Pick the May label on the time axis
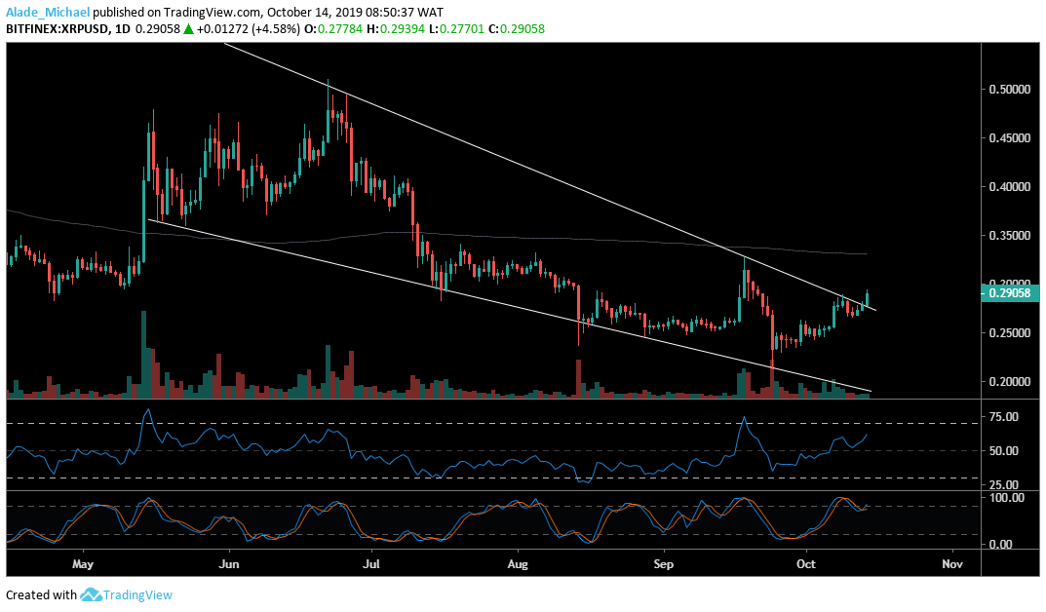click(x=83, y=564)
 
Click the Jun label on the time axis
click(x=229, y=564)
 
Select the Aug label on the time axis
click(x=518, y=564)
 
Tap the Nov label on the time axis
click(x=953, y=564)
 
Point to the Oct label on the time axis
click(x=806, y=564)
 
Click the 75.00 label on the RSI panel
click(x=1003, y=417)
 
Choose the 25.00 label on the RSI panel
click(x=1003, y=484)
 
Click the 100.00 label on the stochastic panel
click(x=1004, y=498)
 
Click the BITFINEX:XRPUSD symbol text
click(x=59, y=30)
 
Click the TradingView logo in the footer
click(x=127, y=594)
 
